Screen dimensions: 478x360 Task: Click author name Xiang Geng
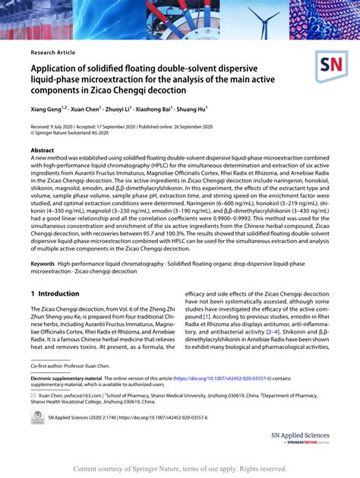[48, 109]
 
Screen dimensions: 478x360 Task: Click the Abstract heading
[43, 150]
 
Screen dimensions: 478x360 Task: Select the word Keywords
[44, 262]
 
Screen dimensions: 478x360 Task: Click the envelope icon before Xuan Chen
[33, 395]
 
